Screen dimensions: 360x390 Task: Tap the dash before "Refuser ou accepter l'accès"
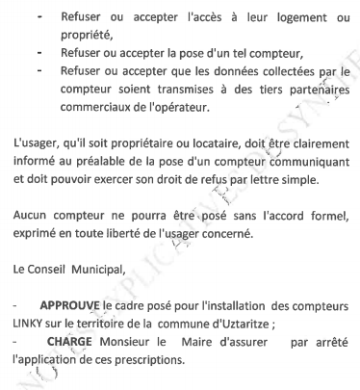point(37,16)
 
